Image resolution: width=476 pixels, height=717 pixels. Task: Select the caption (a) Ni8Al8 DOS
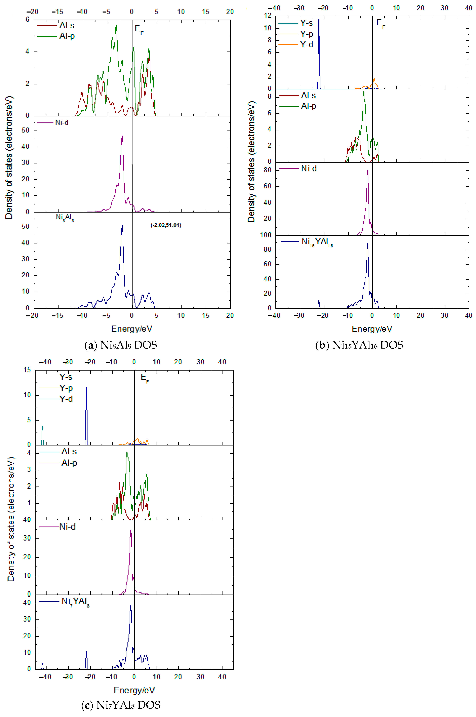tap(121, 345)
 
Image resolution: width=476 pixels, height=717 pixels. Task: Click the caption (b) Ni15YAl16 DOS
tap(359, 345)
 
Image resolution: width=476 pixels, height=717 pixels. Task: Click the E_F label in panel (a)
tap(139, 30)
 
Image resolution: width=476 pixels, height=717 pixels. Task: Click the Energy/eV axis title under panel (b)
tap(372, 329)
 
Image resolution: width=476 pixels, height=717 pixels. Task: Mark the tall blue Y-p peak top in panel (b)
tap(319, 19)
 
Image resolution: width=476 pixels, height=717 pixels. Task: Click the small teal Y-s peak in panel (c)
tap(42, 426)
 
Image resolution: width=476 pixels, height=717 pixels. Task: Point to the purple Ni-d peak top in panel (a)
tap(122, 136)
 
